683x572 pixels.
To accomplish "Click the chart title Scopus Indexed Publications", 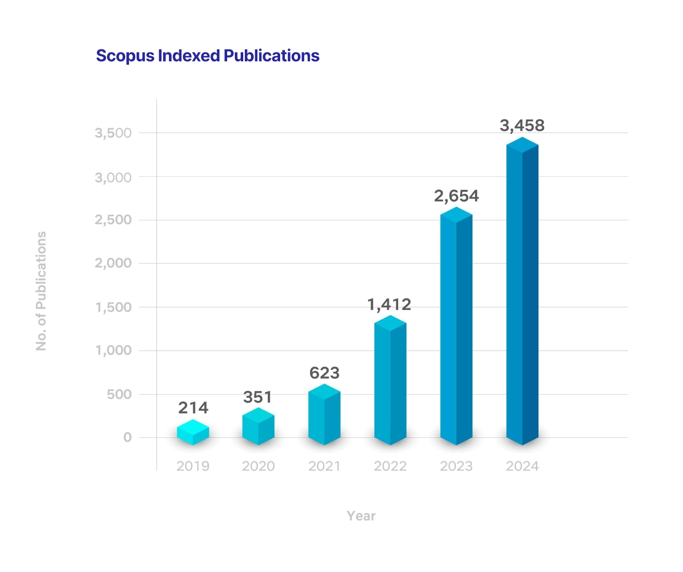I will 207,56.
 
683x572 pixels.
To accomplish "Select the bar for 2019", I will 193,433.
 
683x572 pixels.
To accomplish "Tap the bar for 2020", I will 258,427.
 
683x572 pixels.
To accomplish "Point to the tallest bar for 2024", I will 522,291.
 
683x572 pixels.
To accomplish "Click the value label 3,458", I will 522,125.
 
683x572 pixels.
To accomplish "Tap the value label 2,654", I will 456,196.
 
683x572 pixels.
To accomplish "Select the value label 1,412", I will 389,304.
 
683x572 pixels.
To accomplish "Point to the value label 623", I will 324,373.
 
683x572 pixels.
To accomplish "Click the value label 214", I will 193,408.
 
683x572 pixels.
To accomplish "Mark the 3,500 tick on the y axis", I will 113,133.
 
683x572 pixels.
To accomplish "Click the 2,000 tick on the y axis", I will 113,263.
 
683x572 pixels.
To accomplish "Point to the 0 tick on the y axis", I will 127,437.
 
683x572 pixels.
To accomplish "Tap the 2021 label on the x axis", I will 324,466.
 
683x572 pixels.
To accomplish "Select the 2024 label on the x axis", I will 522,466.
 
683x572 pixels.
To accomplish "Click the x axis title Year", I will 361,516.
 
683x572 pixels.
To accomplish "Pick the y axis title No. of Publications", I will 41,291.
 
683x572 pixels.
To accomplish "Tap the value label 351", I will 258,397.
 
